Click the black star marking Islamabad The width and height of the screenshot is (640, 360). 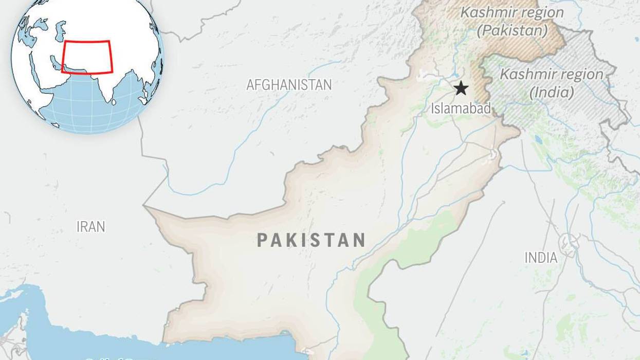click(461, 88)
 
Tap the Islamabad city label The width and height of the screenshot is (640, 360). click(461, 108)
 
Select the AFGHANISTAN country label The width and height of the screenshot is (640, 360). click(289, 85)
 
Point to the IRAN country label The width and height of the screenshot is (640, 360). click(90, 226)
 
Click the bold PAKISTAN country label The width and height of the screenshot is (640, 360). click(311, 240)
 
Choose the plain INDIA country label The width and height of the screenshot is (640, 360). click(541, 257)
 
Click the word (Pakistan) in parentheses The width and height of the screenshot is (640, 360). click(513, 30)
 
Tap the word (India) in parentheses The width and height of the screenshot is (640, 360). click(552, 93)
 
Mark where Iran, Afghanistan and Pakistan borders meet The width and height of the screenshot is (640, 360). click(145, 207)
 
